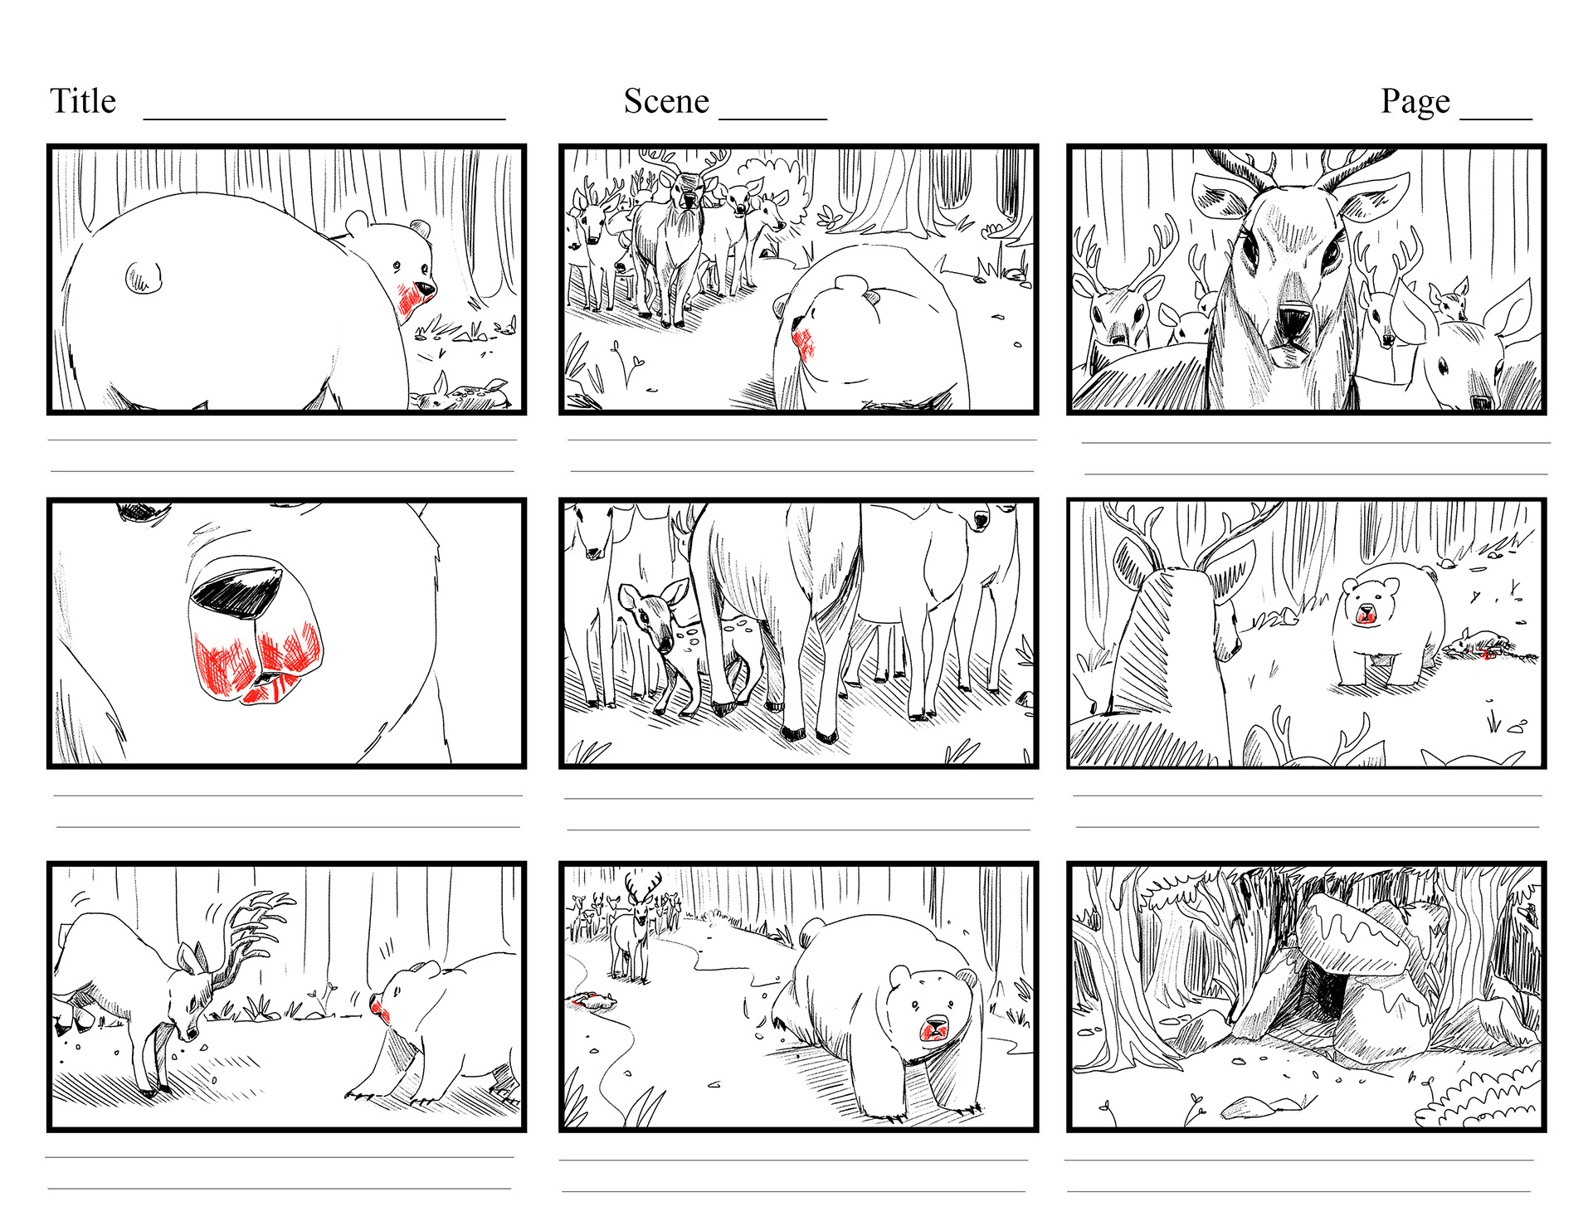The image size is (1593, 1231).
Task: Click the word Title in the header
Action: [x=83, y=101]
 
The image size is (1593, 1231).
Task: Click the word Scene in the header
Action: [x=666, y=101]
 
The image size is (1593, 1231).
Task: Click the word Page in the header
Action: [x=1415, y=102]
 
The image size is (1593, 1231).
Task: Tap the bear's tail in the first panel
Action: [x=144, y=277]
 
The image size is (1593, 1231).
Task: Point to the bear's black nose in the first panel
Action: [x=425, y=290]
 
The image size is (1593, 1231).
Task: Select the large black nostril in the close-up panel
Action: [x=237, y=591]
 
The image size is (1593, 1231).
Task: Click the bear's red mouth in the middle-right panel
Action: [x=1366, y=615]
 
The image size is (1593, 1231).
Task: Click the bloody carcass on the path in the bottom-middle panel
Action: [x=592, y=1000]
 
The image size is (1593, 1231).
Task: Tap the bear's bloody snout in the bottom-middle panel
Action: [x=935, y=1029]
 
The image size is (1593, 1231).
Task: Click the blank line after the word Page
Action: [x=1495, y=119]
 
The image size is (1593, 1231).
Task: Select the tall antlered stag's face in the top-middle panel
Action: [x=687, y=192]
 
